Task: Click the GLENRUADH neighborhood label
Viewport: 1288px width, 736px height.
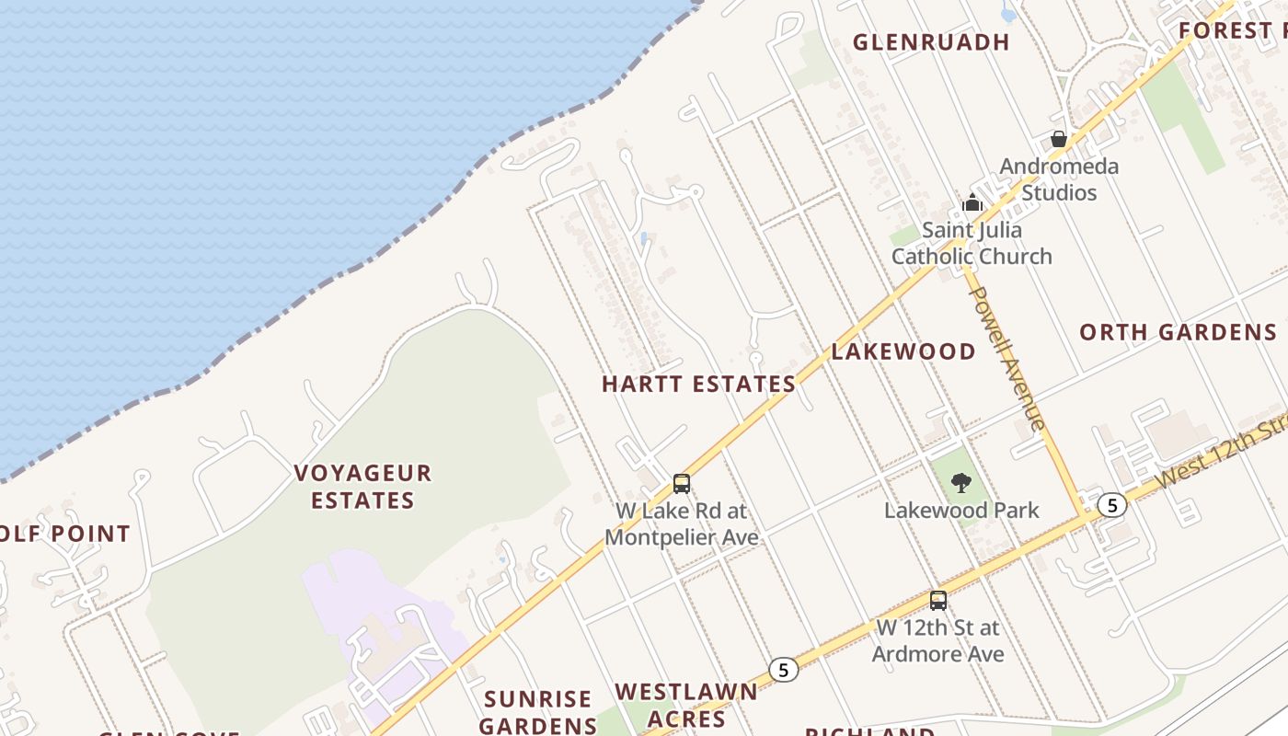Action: pos(931,41)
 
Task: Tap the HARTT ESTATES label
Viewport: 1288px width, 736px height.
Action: pos(698,384)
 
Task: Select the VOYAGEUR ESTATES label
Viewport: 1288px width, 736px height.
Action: pos(362,487)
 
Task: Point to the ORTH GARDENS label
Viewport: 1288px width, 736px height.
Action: pos(1178,332)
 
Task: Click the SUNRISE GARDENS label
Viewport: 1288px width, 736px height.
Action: pos(538,712)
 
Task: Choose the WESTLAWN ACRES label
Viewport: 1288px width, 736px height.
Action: pos(685,705)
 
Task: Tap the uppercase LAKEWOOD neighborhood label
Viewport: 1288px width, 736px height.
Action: pos(903,351)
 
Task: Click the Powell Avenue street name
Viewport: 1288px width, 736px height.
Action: pos(1007,359)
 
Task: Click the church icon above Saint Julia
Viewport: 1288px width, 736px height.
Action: pos(972,202)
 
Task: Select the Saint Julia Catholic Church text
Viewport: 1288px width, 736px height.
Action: pos(972,243)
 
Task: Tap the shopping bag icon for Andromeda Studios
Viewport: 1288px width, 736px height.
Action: pos(1059,140)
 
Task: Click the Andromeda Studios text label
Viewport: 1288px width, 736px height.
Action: pos(1059,179)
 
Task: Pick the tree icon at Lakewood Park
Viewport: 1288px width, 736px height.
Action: pos(960,482)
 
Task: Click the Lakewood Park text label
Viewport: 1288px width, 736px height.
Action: pos(961,510)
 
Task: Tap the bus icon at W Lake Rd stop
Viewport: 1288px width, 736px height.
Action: pos(682,483)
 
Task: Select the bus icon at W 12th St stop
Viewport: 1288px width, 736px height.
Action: pos(938,600)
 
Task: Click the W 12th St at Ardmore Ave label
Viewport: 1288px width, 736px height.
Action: pos(937,640)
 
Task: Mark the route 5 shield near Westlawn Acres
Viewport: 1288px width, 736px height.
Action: pos(783,670)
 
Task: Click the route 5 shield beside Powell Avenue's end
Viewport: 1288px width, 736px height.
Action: pos(1112,505)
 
